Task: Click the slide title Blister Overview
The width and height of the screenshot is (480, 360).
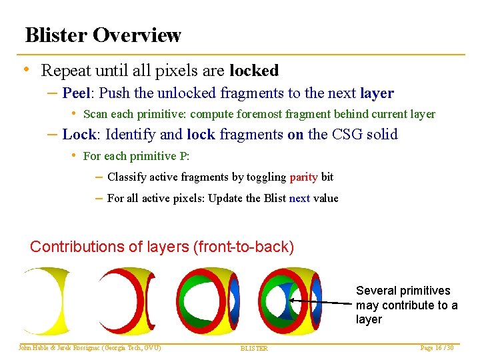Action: (x=103, y=35)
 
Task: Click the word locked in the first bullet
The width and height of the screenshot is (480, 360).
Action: (x=253, y=70)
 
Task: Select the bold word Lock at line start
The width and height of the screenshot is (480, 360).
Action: (x=79, y=134)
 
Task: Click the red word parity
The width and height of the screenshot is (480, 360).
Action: (x=303, y=177)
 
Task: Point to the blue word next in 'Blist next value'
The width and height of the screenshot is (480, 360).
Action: (x=299, y=198)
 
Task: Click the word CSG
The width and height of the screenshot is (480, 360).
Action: (x=341, y=134)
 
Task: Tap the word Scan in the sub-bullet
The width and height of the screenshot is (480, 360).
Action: (x=95, y=115)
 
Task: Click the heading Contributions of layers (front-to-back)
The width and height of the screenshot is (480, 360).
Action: (x=162, y=247)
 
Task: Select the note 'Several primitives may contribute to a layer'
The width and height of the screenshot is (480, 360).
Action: (x=406, y=305)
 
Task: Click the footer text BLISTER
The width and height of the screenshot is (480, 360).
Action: (x=254, y=349)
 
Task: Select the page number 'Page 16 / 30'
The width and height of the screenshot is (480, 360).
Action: (x=436, y=348)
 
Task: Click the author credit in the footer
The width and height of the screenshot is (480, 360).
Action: (x=90, y=348)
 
